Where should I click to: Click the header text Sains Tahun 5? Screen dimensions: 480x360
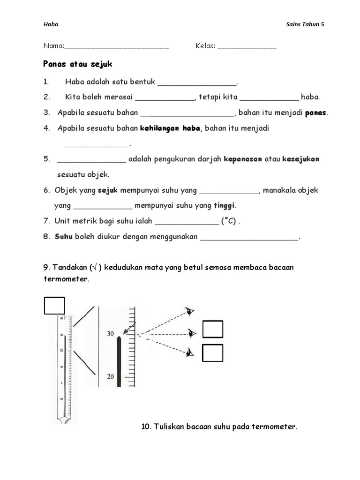click(x=305, y=25)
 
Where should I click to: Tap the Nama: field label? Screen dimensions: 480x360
click(x=53, y=46)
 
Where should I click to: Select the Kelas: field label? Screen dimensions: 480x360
click(x=205, y=46)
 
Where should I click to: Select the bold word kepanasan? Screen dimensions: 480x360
click(x=243, y=159)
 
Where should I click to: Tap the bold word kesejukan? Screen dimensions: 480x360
click(x=300, y=159)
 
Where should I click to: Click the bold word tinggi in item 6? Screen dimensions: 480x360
click(x=225, y=205)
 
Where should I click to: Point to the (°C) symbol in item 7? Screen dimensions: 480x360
click(x=229, y=221)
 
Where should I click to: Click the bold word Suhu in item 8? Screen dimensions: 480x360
click(x=63, y=237)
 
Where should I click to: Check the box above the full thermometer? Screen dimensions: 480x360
click(x=54, y=305)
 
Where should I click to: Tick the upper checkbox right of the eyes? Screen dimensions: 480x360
click(x=212, y=329)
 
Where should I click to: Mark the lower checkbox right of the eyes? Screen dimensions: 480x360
click(x=212, y=353)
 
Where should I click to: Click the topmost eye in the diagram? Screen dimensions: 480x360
click(x=190, y=311)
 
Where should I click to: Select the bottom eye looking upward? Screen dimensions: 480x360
click(x=189, y=352)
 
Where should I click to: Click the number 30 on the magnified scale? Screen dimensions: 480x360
click(x=111, y=334)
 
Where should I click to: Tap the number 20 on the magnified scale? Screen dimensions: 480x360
click(x=111, y=376)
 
